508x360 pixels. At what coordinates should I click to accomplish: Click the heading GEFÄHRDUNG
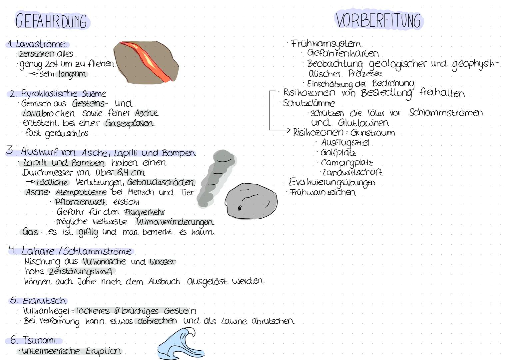coord(51,21)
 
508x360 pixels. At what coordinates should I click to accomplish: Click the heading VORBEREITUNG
coord(378,20)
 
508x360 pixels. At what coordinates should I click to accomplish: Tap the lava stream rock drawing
coord(146,62)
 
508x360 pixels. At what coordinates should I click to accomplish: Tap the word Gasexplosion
coord(130,123)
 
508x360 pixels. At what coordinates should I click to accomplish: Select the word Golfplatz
coord(338,153)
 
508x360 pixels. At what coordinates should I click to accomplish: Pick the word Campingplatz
coord(346,163)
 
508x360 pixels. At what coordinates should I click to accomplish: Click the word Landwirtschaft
coord(352,172)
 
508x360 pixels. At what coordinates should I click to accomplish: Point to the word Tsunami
coord(39,340)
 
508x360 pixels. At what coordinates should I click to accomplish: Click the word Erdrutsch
coord(44,301)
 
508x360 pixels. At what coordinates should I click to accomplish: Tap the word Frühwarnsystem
coord(326,44)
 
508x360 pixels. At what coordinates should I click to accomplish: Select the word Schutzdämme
coord(308,103)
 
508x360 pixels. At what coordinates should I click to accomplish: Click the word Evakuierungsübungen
coord(331,182)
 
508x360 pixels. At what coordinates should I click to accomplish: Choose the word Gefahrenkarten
coord(343,53)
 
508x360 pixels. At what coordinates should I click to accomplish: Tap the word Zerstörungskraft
coord(81,271)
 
